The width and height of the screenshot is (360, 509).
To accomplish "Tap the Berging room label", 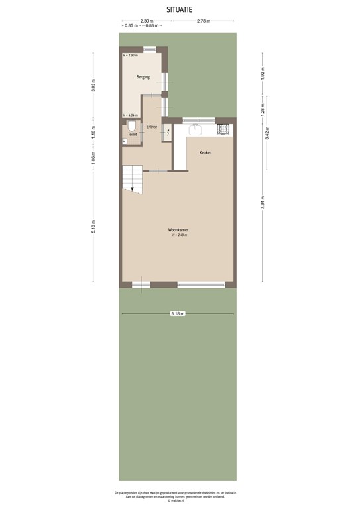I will tap(143, 77).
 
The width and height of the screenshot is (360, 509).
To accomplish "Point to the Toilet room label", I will tap(132, 134).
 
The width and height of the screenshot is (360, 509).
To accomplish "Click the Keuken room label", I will tap(206, 152).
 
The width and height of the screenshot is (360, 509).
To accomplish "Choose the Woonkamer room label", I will tap(178, 230).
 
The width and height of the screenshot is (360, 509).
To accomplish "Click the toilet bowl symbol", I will tap(132, 125).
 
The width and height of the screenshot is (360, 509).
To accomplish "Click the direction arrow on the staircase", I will tap(133, 190).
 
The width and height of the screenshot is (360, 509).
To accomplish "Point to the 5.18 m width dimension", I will tap(178, 313).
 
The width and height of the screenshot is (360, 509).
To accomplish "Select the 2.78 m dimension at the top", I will tap(203, 21).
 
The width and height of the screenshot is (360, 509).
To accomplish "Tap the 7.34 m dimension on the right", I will tap(263, 203).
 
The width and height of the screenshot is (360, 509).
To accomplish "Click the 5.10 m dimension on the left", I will tap(93, 225).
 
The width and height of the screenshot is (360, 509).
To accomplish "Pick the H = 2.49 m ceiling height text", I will tap(180, 235).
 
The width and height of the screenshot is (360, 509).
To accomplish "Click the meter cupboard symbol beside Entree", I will tap(167, 133).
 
